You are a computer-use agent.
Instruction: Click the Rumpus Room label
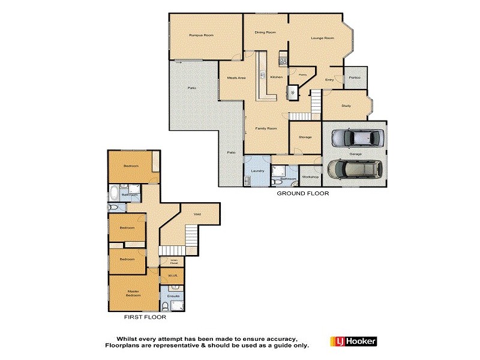click(201, 35)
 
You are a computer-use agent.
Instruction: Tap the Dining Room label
click(265, 32)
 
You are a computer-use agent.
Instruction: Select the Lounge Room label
click(322, 38)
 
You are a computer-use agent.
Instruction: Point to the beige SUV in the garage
click(354, 170)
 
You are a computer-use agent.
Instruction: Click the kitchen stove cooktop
click(283, 61)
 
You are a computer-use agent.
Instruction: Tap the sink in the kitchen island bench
click(262, 75)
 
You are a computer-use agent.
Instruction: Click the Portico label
click(355, 77)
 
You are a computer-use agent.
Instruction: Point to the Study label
click(346, 106)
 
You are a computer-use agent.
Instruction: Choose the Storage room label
click(305, 137)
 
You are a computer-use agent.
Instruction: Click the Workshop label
click(310, 177)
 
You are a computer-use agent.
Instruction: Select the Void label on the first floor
click(197, 214)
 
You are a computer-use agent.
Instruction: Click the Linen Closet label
click(173, 262)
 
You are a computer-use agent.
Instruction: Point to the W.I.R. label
click(170, 277)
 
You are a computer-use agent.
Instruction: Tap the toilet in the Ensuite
click(166, 305)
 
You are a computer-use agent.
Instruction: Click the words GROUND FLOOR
click(302, 194)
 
